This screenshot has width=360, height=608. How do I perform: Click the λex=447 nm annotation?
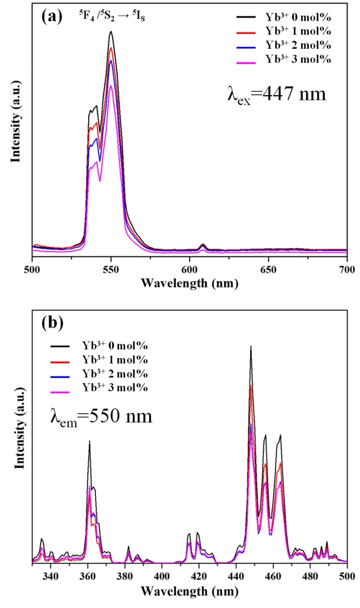pos(276,93)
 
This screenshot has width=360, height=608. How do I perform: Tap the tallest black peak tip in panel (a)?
pos(110,32)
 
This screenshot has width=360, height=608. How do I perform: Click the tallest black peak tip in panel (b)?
pos(251,346)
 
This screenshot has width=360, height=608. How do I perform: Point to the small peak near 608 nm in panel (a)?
pos(203,244)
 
